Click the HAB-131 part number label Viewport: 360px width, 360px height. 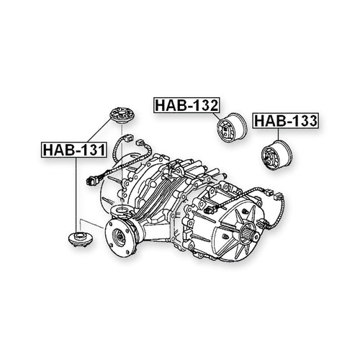point(74,150)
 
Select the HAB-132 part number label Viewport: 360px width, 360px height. point(186,105)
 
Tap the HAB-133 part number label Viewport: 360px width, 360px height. point(286,121)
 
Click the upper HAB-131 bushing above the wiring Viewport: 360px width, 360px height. point(122,115)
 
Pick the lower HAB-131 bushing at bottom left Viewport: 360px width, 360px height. point(81,239)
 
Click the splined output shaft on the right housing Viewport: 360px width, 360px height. point(250,231)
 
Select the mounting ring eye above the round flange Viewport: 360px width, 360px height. point(121,211)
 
